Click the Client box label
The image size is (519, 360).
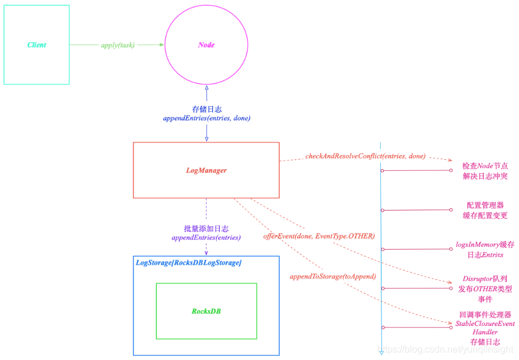(x=36, y=45)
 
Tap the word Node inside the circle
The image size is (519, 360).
(x=206, y=45)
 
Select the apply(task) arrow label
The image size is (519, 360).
(x=118, y=45)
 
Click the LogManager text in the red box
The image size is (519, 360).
(x=206, y=170)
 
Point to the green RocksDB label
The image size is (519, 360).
(x=206, y=311)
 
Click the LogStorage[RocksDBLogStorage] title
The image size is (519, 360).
(x=188, y=263)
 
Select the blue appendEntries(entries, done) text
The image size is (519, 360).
(x=206, y=118)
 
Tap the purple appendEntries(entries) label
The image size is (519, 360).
(x=206, y=238)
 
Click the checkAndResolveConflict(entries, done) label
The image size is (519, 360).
(x=365, y=156)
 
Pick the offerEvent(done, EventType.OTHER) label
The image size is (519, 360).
(x=319, y=235)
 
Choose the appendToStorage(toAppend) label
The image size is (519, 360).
(x=333, y=275)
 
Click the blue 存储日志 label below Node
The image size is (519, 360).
(x=206, y=109)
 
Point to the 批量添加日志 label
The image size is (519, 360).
(x=206, y=228)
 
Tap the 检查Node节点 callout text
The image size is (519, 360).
(x=485, y=166)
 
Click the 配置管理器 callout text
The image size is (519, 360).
(x=485, y=205)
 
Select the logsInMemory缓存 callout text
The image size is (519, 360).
(x=485, y=244)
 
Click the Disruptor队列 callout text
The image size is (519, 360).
(x=485, y=278)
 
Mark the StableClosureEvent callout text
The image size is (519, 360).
(x=485, y=324)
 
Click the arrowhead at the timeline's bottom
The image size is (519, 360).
(x=381, y=352)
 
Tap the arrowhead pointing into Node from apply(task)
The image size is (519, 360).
(x=160, y=45)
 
